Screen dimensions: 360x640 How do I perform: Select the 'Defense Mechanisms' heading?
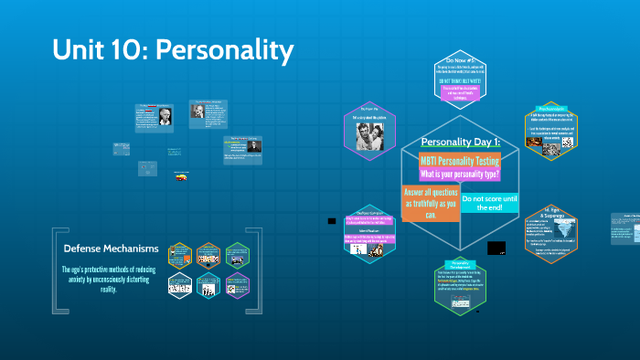coord(111,249)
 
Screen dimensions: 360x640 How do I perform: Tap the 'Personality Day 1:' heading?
coord(460,143)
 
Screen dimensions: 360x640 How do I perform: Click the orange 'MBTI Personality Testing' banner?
coord(461,160)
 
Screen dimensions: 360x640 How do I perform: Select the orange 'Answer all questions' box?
coord(429,204)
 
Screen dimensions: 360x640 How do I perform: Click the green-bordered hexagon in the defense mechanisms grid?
coord(236,255)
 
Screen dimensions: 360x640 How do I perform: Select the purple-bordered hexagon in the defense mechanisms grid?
coord(236,285)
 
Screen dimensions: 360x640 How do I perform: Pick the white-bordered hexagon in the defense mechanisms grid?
coord(180,285)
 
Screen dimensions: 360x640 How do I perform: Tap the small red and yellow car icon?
coord(183,178)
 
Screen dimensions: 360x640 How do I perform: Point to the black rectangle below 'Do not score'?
coord(496,248)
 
